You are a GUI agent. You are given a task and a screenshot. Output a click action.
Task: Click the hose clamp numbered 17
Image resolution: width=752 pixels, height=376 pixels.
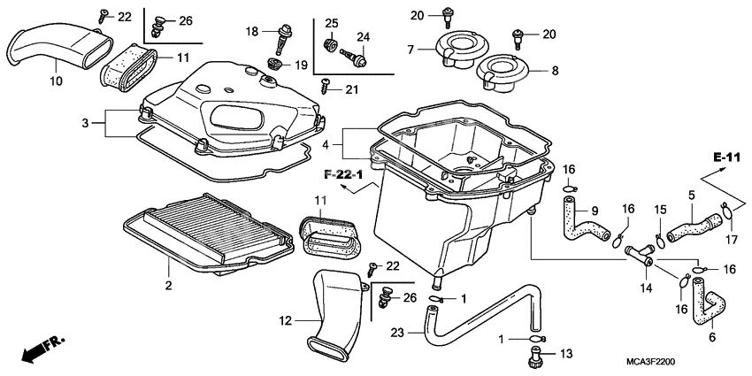(725, 210)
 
